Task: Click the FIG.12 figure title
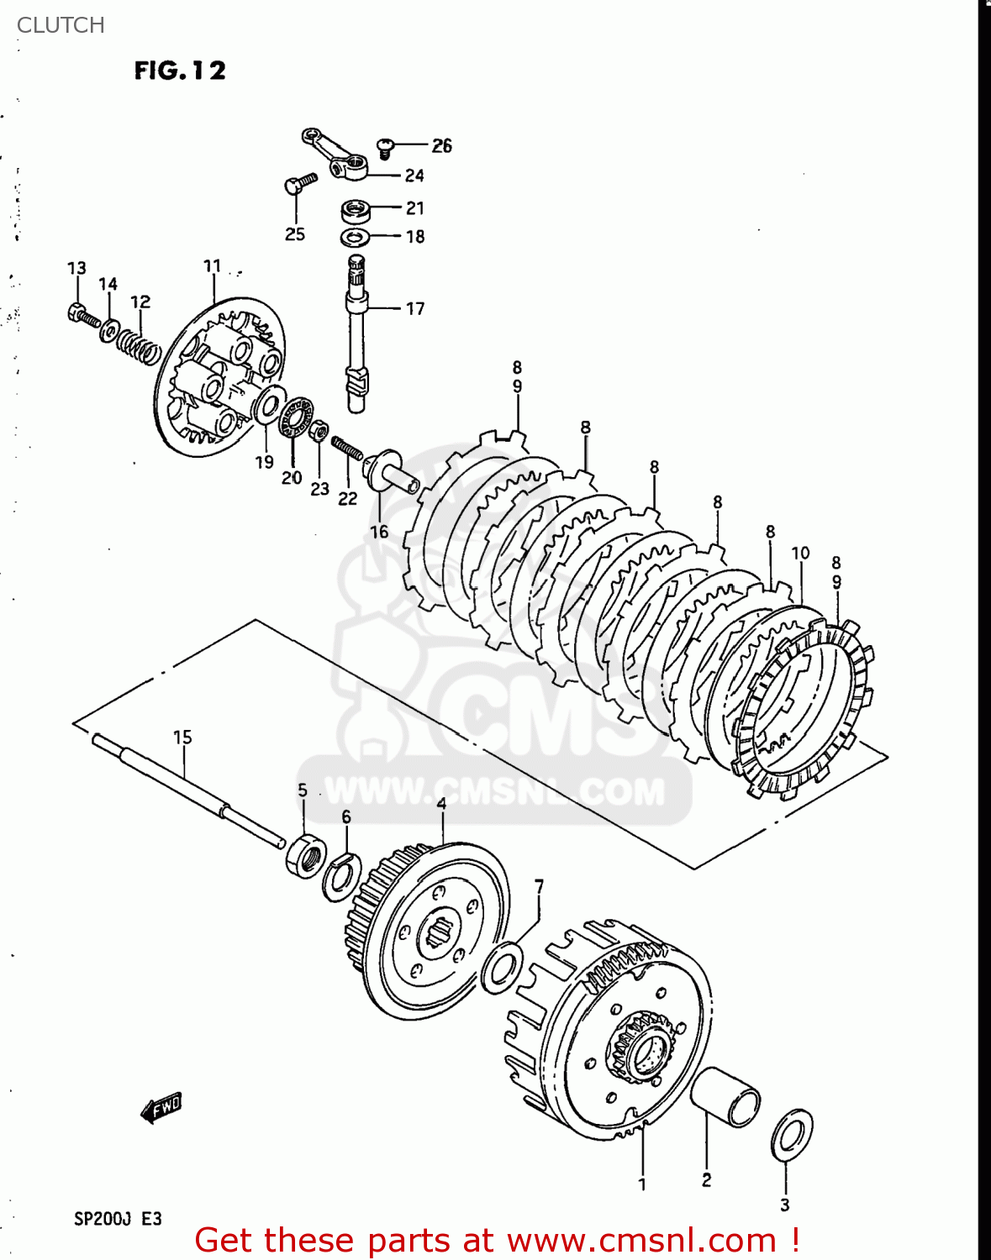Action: tap(180, 71)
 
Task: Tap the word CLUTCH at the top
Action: tap(61, 25)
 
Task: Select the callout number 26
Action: tap(441, 146)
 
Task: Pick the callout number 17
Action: tap(415, 309)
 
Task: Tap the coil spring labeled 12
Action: tap(138, 345)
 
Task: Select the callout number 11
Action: tap(212, 266)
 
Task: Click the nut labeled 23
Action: tap(319, 433)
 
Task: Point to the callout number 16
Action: tap(379, 532)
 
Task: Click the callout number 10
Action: tap(800, 553)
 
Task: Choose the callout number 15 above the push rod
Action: tap(182, 738)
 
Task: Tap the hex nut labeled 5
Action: tap(305, 856)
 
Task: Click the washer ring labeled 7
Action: tap(503, 967)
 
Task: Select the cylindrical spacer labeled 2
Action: tap(725, 1096)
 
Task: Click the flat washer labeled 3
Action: tap(792, 1135)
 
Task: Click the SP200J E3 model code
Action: tap(118, 1218)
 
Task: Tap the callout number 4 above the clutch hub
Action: tap(441, 804)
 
